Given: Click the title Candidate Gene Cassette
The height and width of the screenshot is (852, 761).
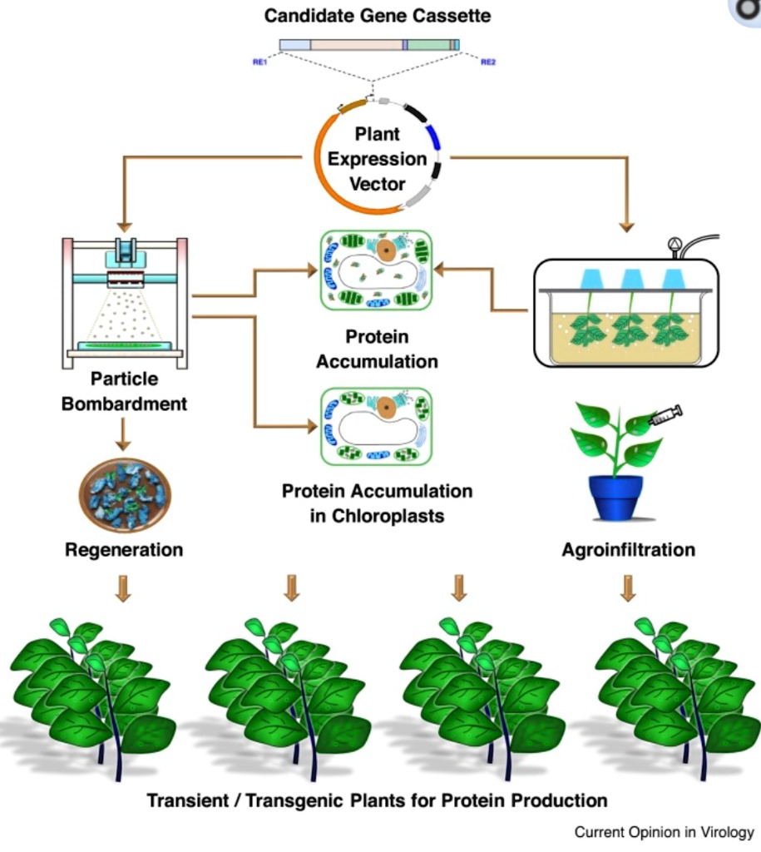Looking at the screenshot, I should [x=377, y=15].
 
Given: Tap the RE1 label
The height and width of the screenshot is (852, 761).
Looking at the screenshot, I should [x=259, y=62].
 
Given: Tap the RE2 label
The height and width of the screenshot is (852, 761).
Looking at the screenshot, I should [x=488, y=62].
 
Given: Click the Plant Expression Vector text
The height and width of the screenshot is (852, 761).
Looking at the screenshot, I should [x=377, y=158].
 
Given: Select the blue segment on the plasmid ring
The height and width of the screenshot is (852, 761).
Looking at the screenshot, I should [x=433, y=136].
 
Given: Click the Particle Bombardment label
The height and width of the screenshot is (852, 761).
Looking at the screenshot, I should [x=124, y=391].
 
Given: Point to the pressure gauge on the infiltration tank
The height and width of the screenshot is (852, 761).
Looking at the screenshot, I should [x=674, y=245].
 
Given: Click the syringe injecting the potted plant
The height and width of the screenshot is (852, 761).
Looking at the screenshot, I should [x=665, y=415].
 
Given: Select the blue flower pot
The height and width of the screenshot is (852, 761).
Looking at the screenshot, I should [x=617, y=496].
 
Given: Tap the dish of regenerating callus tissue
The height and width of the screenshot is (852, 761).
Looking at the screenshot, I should [x=125, y=495].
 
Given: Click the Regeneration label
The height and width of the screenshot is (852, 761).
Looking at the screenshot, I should [x=124, y=550].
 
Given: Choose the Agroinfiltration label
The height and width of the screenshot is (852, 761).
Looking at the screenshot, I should [x=628, y=550].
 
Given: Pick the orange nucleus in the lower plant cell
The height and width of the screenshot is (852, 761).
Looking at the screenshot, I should [x=386, y=407].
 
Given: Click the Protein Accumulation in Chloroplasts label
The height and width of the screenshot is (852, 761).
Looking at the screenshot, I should [x=377, y=503].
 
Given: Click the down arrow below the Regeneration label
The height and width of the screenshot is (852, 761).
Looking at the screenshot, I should [x=123, y=587].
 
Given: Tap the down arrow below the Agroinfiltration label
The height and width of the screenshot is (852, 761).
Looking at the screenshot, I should [x=628, y=587].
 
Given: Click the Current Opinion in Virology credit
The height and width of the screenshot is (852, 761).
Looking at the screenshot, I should [x=664, y=831].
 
